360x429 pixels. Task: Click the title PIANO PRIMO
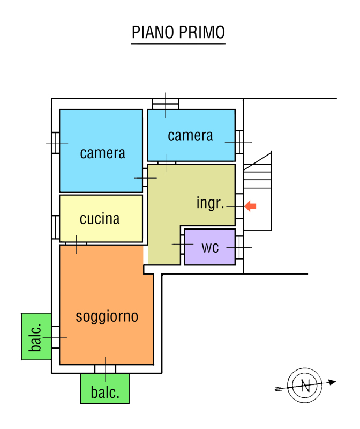coord(178,32)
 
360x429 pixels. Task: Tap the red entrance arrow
coord(250,206)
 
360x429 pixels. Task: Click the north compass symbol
coord(305,385)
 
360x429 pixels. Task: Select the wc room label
coord(211,247)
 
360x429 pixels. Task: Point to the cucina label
coord(100,219)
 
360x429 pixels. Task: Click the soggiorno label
coord(107,316)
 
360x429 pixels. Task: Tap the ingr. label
coord(210,203)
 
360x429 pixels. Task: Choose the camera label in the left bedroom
coord(103,153)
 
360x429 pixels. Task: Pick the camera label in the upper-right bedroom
coord(190,136)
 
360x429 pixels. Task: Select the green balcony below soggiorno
coord(105,389)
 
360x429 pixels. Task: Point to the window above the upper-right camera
coord(165,103)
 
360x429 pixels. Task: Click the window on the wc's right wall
coord(239,247)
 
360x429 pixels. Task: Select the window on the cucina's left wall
coord(55,227)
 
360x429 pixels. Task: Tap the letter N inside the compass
coord(305,385)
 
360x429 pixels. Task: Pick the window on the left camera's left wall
coord(55,143)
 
